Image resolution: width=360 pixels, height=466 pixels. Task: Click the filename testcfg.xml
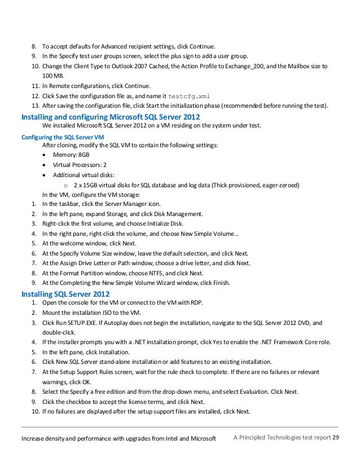click(192, 96)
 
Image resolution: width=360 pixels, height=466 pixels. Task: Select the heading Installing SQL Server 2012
click(65, 294)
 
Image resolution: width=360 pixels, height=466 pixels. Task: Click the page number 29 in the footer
click(336, 438)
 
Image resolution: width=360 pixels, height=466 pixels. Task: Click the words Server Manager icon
click(135, 205)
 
